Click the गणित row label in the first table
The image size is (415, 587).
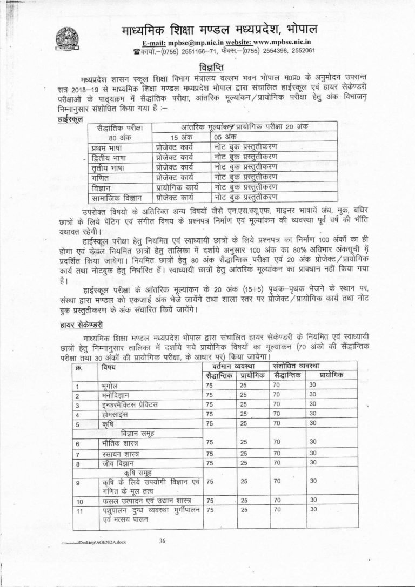100,177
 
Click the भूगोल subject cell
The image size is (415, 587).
111,386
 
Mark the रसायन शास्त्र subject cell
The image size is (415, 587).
121,454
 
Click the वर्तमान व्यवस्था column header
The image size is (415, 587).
236,366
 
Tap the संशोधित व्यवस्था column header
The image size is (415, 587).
305,366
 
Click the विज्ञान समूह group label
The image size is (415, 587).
138,433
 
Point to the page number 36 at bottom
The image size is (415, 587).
163,542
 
